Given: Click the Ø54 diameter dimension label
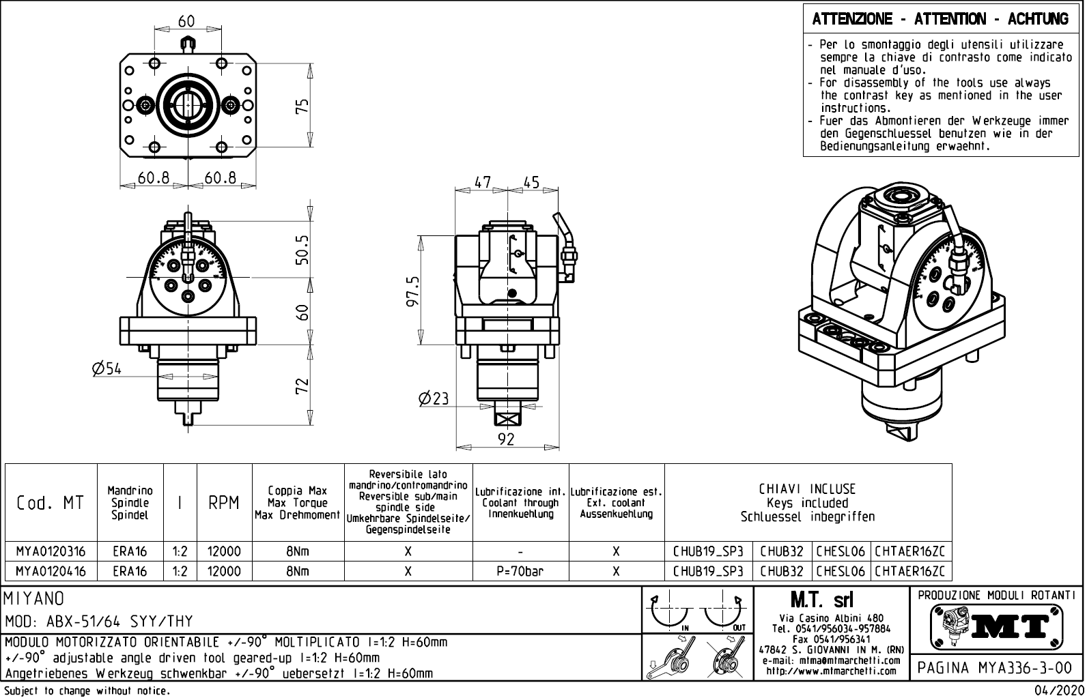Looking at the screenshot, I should (x=107, y=369).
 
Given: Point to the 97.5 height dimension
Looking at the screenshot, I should (x=413, y=291).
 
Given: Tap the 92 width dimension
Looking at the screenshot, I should (x=506, y=439).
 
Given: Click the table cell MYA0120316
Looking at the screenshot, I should (x=51, y=551).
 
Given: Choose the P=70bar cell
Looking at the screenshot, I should (x=520, y=571).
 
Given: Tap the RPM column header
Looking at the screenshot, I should (x=224, y=503).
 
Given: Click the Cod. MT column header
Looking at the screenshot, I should (x=51, y=503).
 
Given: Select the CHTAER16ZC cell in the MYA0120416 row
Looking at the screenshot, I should (x=911, y=571).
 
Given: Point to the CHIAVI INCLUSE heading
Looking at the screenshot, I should (x=807, y=489).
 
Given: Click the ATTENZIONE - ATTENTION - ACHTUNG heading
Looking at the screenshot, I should (x=940, y=19).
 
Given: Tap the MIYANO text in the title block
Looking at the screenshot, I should (x=35, y=599).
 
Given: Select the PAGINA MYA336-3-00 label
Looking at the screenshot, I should (x=996, y=667).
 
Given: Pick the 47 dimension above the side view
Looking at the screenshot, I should (x=483, y=183).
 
